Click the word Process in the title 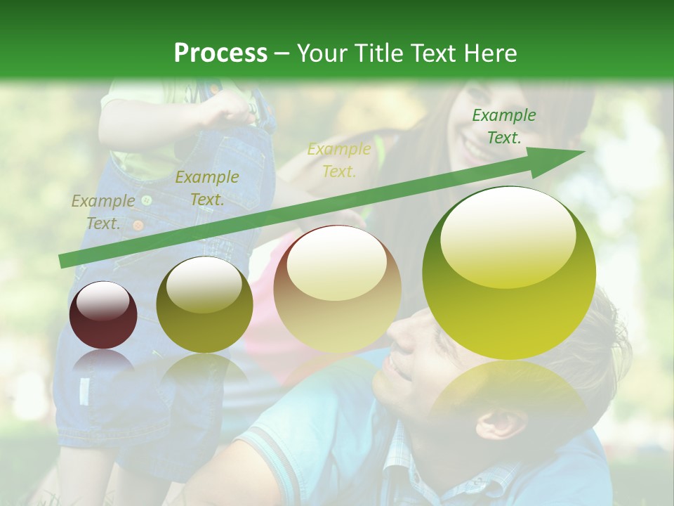click(x=220, y=53)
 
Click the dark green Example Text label click(x=503, y=126)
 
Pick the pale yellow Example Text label click(x=339, y=160)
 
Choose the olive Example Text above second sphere click(x=206, y=188)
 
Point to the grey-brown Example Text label click(x=103, y=212)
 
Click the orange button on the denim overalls click(x=138, y=226)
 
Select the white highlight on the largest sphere click(x=508, y=236)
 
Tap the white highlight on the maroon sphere click(x=103, y=301)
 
